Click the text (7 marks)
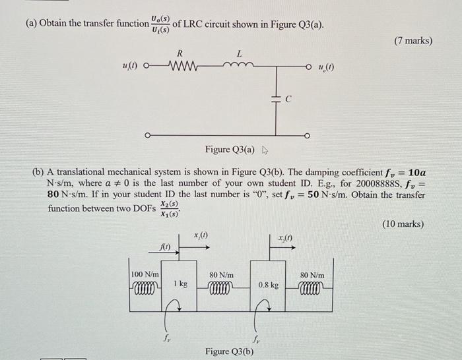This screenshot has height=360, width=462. tap(412, 41)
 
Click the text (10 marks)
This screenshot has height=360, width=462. tap(403, 224)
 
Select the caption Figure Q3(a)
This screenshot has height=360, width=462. tap(228, 150)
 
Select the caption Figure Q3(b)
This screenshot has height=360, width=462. tap(229, 351)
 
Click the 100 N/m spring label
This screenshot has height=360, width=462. tap(145, 273)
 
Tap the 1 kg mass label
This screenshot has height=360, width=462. tap(180, 284)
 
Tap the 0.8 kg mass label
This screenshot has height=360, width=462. tap(269, 286)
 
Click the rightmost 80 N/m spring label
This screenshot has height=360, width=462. tap(312, 274)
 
